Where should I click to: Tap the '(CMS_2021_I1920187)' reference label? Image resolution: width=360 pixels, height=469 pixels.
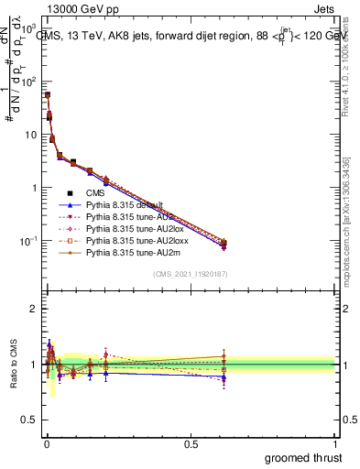191,274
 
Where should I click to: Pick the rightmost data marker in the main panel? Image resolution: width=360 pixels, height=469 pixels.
224,244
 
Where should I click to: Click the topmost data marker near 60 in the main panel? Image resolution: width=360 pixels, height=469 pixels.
47,94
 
